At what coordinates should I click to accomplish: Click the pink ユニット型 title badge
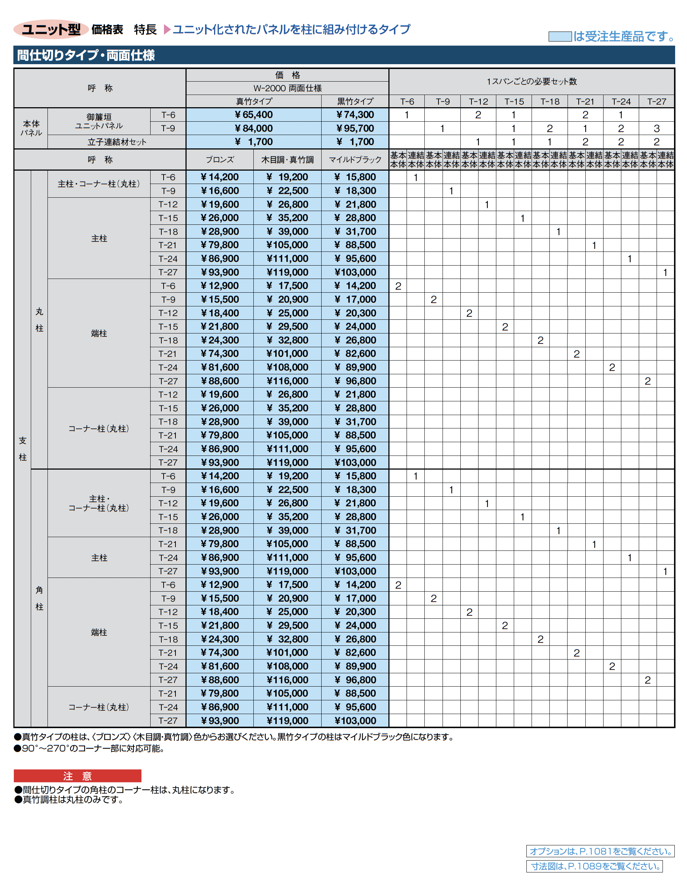point(51,29)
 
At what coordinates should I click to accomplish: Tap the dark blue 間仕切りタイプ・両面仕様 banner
point(343,55)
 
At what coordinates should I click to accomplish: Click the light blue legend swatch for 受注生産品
point(559,36)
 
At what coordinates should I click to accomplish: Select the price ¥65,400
point(253,115)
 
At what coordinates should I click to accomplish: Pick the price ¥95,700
point(355,128)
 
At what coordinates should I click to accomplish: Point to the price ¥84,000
point(253,128)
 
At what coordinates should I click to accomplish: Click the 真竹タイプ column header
point(253,101)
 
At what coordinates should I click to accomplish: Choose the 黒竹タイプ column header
point(355,101)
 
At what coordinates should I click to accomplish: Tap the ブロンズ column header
point(220,160)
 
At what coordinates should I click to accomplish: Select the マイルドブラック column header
point(355,160)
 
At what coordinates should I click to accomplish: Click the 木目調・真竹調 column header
point(287,160)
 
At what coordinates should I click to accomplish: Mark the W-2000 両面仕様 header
point(287,88)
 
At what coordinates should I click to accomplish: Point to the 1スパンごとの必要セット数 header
point(531,81)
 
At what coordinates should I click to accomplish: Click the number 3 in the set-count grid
point(657,128)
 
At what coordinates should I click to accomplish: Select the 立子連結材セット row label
point(117,142)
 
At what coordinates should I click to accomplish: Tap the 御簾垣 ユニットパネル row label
point(99,121)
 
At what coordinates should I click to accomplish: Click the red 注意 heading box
point(78,776)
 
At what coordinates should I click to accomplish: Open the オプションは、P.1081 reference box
point(600,851)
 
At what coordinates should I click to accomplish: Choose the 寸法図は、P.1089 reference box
point(594,866)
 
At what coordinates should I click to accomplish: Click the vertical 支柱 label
point(23,448)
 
